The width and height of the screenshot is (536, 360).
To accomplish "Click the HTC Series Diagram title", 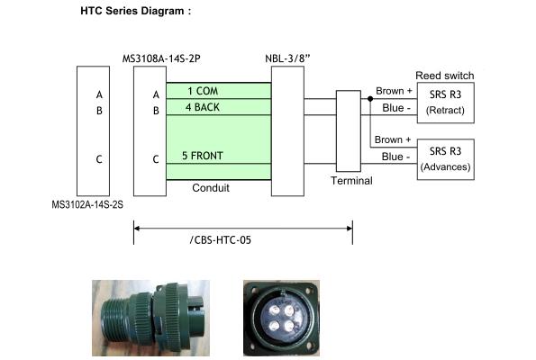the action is (x=136, y=11).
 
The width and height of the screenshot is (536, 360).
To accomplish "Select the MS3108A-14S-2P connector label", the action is (x=161, y=58).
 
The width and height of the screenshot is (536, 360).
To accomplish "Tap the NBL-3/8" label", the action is (x=287, y=58).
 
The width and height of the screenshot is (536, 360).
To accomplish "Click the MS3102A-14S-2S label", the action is (x=87, y=204).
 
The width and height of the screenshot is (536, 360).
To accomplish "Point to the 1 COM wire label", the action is (x=203, y=91).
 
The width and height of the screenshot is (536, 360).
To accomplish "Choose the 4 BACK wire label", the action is (x=203, y=107).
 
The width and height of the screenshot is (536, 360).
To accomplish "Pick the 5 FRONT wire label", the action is (x=203, y=156).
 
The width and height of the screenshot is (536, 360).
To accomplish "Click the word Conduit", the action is (x=211, y=187).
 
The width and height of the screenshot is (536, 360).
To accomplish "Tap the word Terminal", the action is (x=351, y=180).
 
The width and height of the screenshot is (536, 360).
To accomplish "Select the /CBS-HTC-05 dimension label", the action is (x=221, y=240).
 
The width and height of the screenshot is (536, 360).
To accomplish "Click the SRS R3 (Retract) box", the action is (x=445, y=103).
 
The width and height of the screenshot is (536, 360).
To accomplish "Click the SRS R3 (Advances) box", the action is (x=445, y=159).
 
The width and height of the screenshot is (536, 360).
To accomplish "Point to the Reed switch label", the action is (x=444, y=76).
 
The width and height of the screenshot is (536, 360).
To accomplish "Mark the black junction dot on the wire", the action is (x=370, y=99).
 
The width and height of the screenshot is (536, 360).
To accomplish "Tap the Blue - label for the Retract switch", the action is (x=396, y=108).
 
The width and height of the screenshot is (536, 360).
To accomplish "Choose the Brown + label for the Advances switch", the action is (x=393, y=139).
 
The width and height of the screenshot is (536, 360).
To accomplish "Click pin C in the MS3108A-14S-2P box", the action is (x=156, y=159).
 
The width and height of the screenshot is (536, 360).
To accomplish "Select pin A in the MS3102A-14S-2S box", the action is (x=99, y=94).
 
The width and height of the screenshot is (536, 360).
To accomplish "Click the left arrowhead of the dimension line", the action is (x=136, y=229).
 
